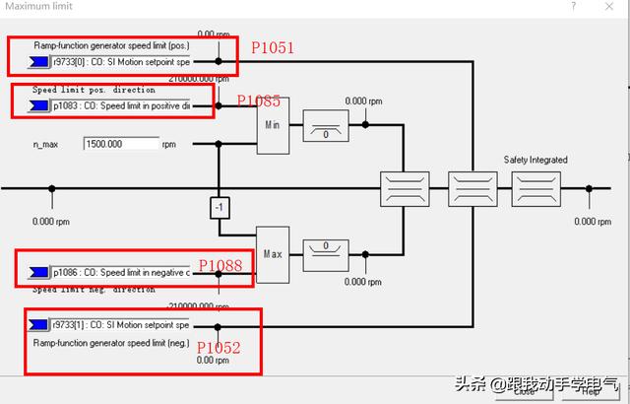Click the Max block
coord(273,252)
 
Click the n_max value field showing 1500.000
coord(121,144)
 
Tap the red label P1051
coord(273,47)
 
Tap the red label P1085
coord(258,101)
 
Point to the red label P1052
coord(219,348)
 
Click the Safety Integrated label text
coord(535,160)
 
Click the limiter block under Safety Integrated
coord(535,186)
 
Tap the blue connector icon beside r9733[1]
coord(39,323)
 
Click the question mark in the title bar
coord(573,6)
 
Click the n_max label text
coord(47,144)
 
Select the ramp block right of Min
coord(324,125)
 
